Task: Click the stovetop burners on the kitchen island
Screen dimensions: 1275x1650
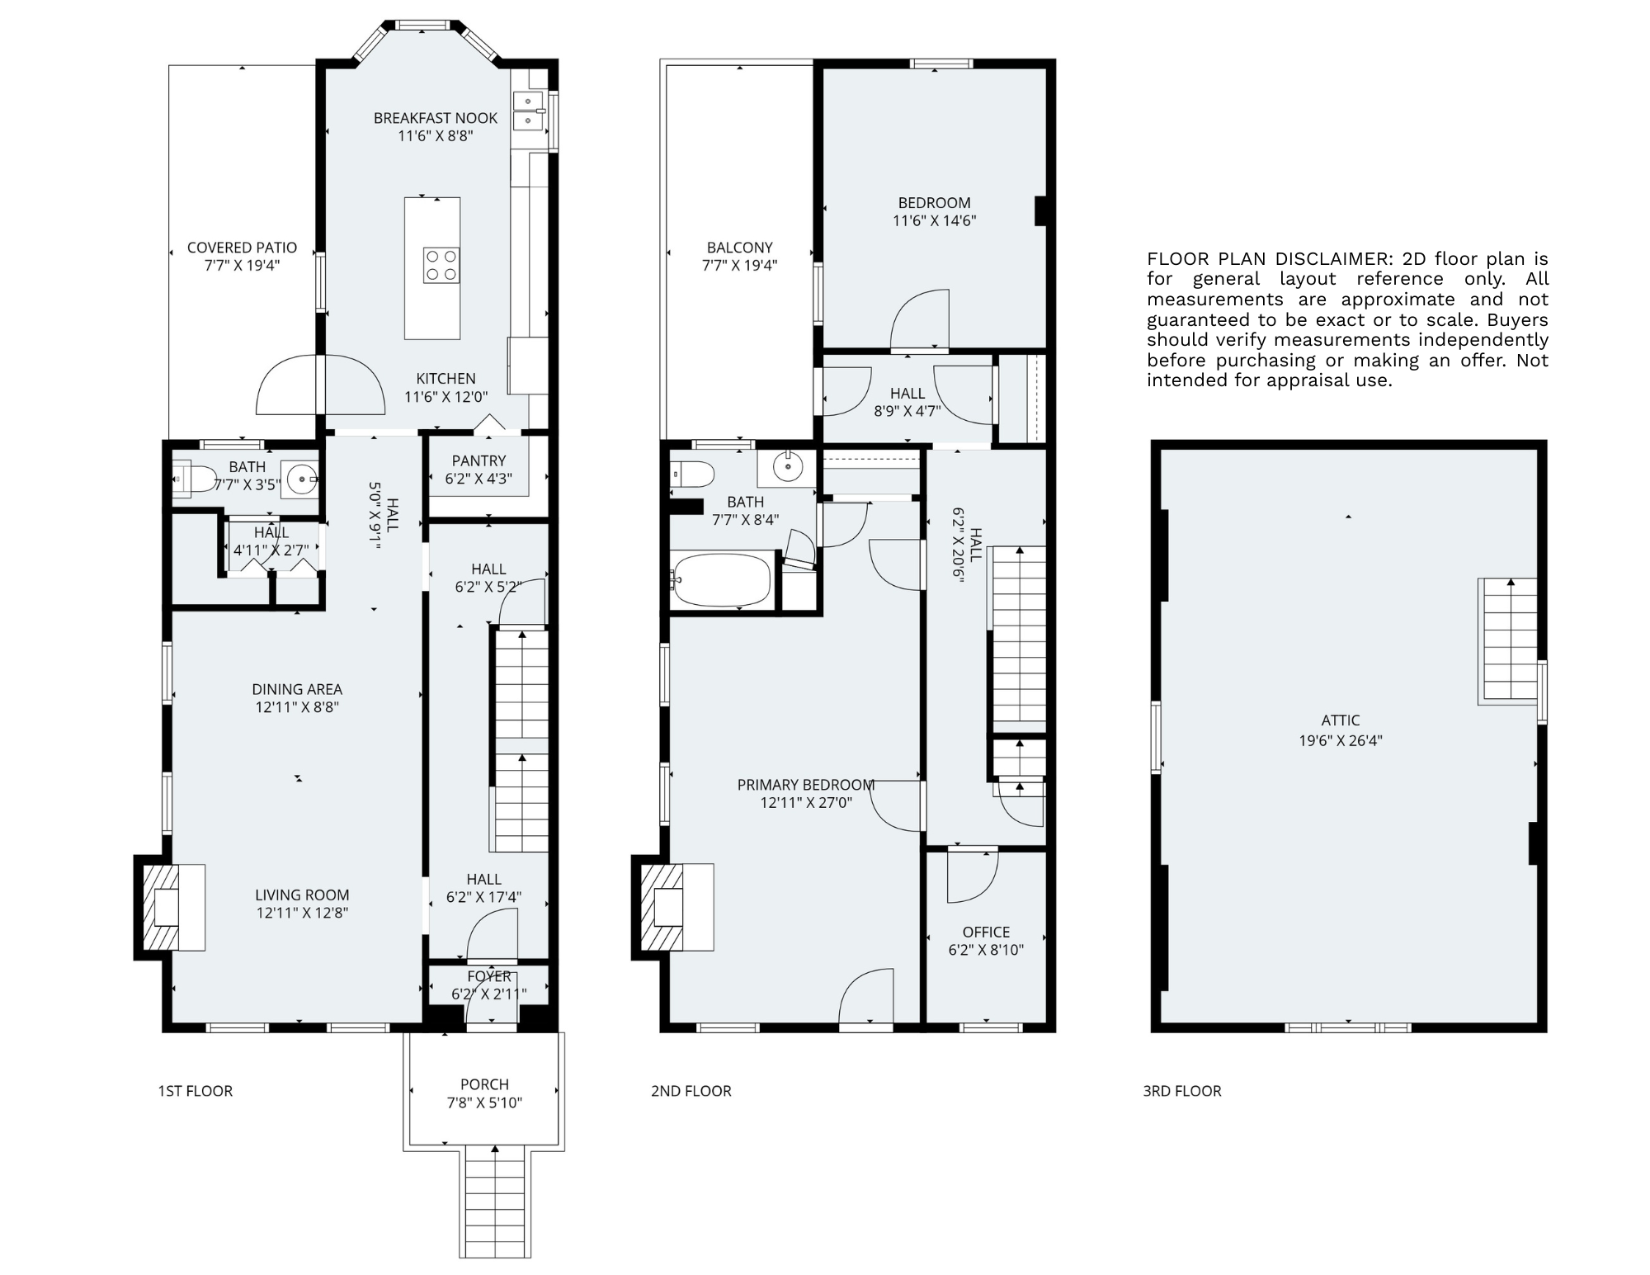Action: click(x=441, y=266)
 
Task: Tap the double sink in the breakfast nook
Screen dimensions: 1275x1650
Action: click(x=528, y=111)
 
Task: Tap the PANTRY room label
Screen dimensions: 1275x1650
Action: click(x=478, y=460)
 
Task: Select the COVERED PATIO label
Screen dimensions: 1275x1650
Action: click(x=242, y=248)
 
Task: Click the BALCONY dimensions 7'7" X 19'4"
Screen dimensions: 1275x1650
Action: click(x=739, y=266)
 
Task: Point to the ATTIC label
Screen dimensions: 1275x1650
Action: click(x=1340, y=720)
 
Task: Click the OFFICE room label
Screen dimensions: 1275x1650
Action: click(x=986, y=932)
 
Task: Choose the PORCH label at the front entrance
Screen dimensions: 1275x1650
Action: click(x=484, y=1084)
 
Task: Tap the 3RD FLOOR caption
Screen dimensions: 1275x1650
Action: click(x=1181, y=1091)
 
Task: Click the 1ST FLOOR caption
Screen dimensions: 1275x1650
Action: click(x=196, y=1091)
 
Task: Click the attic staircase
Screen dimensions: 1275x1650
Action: click(x=1510, y=640)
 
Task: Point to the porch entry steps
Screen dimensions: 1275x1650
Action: click(x=495, y=1201)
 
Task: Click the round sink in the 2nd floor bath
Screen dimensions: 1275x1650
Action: click(x=789, y=467)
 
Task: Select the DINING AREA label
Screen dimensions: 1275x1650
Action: click(x=297, y=689)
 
